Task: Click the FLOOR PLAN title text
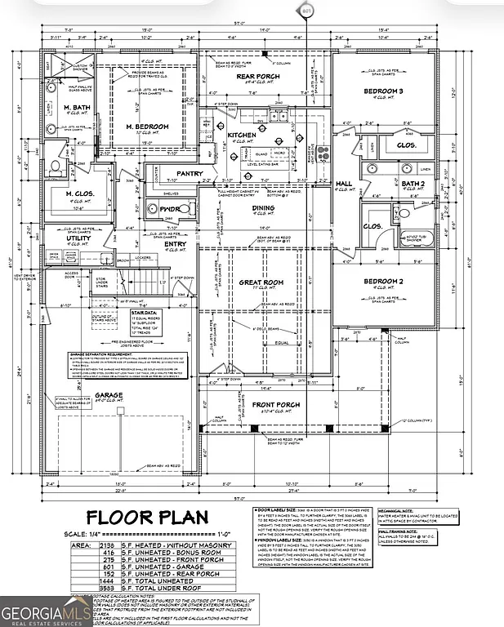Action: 147,518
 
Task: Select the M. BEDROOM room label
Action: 147,127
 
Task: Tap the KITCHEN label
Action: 242,135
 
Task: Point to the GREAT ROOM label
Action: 261,282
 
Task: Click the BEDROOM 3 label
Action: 384,91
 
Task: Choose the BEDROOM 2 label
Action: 384,281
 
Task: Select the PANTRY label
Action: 189,173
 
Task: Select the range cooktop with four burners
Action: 320,150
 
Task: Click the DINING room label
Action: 263,208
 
